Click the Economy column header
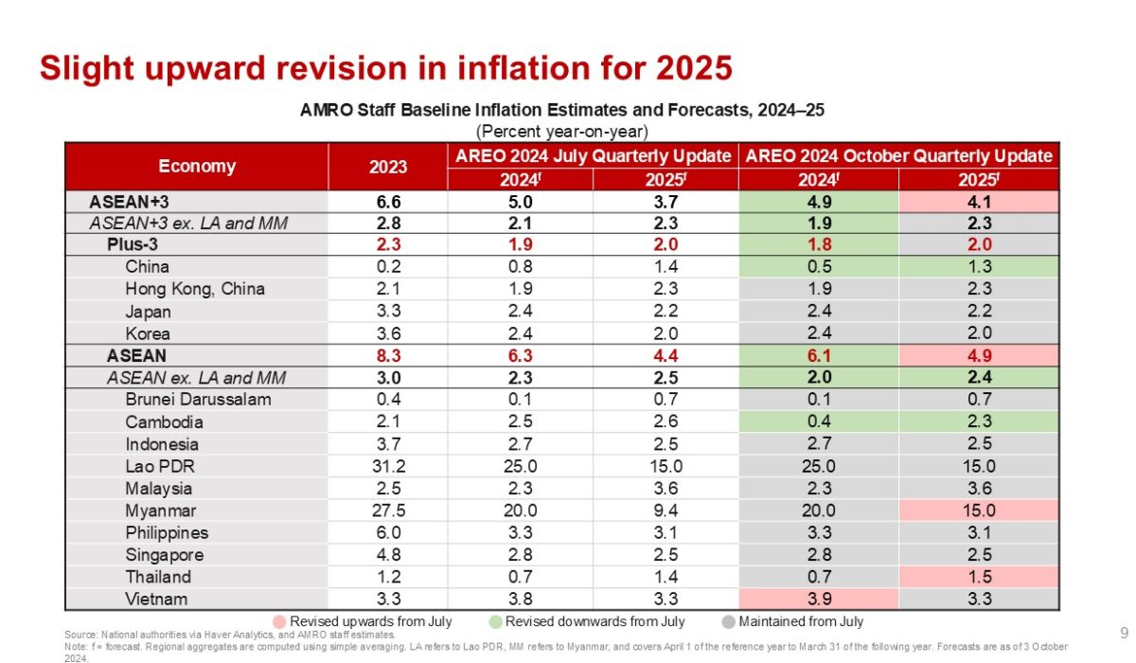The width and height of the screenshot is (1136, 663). click(x=197, y=166)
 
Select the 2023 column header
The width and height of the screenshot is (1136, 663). click(x=387, y=166)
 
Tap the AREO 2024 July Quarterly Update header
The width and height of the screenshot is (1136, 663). click(x=593, y=155)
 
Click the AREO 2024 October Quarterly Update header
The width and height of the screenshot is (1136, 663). click(x=898, y=155)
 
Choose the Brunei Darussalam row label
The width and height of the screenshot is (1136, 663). click(x=198, y=400)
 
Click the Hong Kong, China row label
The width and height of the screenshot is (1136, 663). click(x=195, y=289)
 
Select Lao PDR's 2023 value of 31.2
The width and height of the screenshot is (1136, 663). click(x=387, y=466)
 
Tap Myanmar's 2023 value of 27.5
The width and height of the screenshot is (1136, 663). click(x=387, y=511)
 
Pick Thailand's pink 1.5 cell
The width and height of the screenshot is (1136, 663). click(x=979, y=577)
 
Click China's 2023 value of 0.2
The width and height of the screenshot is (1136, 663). click(x=387, y=266)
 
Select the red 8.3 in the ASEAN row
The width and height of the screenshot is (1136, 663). click(x=387, y=355)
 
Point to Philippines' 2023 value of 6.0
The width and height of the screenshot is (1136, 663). click(x=387, y=532)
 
